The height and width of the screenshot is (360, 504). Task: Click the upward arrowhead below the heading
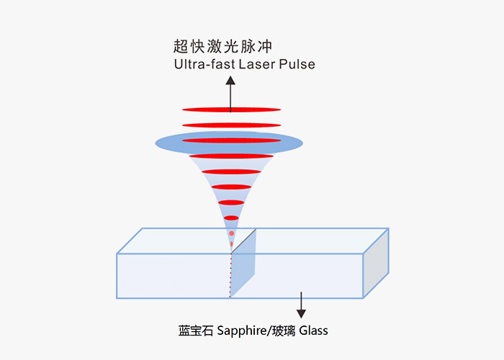point(231,81)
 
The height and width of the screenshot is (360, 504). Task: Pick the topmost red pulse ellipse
point(231,109)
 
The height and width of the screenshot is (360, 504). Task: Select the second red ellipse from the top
point(231,125)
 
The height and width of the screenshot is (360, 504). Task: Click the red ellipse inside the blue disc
point(231,140)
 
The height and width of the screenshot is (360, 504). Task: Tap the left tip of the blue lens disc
point(157,143)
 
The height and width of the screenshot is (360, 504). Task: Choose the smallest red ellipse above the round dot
point(231,217)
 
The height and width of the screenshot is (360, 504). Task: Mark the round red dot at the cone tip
point(231,233)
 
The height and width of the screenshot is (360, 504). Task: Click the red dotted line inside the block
point(230,274)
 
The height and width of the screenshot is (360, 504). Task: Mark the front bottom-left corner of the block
point(117,297)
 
